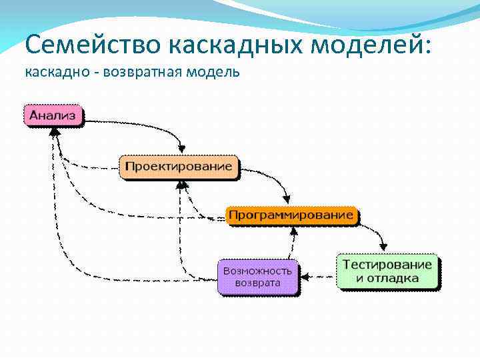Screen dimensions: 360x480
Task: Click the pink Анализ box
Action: coord(53,115)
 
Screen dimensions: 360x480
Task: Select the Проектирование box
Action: coord(179,166)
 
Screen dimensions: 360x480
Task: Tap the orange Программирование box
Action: coord(291,215)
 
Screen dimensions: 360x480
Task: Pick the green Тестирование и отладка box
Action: coord(387,271)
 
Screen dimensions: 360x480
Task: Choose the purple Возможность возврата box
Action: coord(257,277)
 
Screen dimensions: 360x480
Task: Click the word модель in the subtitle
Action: coord(214,71)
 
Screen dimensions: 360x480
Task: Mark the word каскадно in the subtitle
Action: coord(53,71)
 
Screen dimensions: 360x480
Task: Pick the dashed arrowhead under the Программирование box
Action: coord(292,231)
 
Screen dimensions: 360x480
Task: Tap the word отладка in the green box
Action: coord(396,278)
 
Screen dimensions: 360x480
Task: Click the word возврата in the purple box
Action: coord(257,284)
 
